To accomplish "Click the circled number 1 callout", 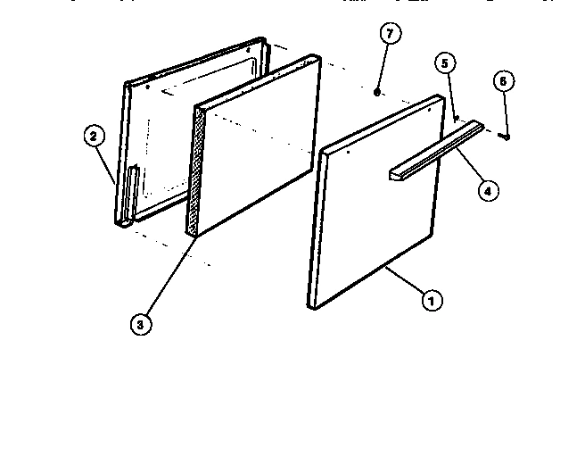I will pyautogui.click(x=431, y=301).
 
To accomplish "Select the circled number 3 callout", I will pyautogui.click(x=139, y=325).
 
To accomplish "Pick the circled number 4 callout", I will pyautogui.click(x=487, y=189).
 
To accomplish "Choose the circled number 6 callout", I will pyautogui.click(x=503, y=81).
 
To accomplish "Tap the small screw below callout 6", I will pyautogui.click(x=506, y=137).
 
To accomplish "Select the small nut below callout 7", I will pyautogui.click(x=378, y=90).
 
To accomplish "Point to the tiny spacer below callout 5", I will pyautogui.click(x=456, y=117).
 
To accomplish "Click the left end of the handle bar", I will pyautogui.click(x=393, y=172).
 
